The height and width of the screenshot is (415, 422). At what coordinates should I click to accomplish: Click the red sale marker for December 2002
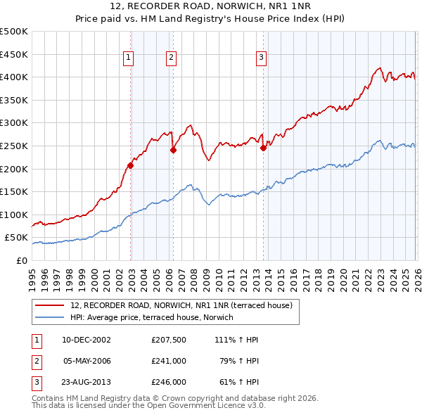click(130, 166)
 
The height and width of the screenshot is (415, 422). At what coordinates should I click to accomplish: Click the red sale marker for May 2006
click(172, 150)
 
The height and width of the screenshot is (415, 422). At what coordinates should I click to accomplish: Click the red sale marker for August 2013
click(263, 148)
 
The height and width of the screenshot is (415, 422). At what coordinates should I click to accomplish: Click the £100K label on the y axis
click(13, 215)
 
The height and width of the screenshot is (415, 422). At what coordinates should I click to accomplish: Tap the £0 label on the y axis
click(20, 260)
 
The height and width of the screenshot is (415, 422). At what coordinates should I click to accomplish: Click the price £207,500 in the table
click(168, 340)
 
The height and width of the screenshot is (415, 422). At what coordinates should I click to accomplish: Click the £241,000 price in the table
click(168, 361)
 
